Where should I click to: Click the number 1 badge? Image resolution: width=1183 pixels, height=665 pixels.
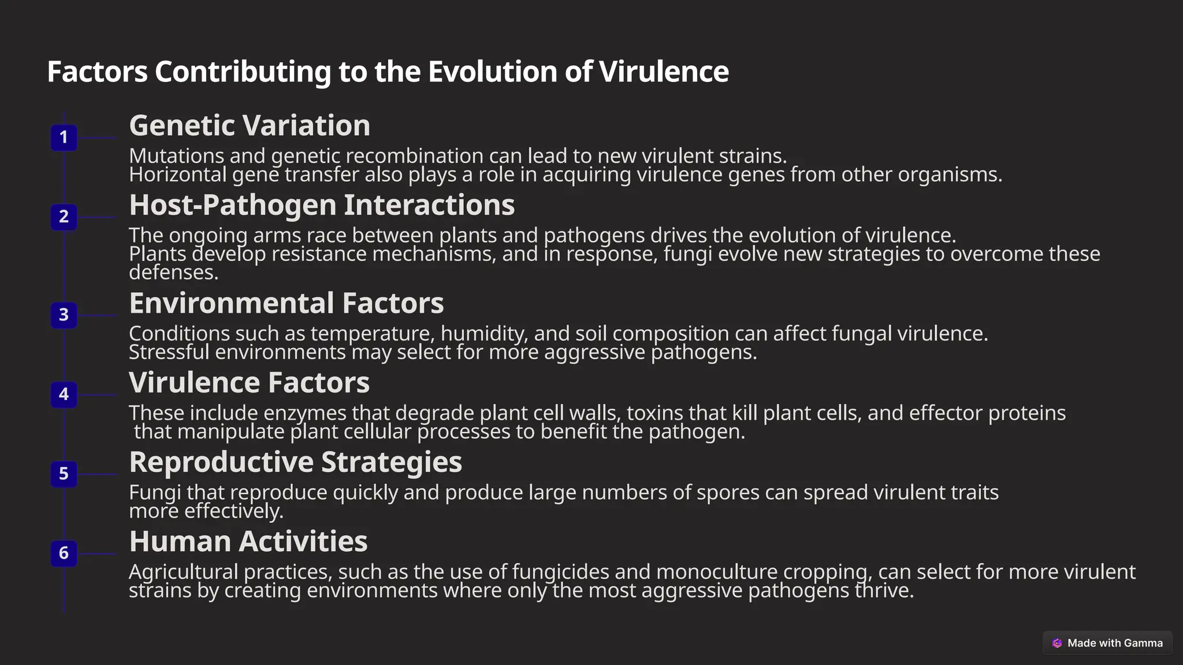(x=64, y=138)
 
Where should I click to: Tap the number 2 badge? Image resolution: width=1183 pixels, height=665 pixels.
(x=64, y=217)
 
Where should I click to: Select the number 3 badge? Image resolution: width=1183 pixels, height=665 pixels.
(x=64, y=315)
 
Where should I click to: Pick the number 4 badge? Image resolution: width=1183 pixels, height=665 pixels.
(x=64, y=395)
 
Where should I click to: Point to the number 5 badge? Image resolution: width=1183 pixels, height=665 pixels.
(x=64, y=474)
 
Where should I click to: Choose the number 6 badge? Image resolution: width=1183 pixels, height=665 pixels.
(x=64, y=554)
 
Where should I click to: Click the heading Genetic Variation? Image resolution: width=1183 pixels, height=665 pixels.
(x=250, y=125)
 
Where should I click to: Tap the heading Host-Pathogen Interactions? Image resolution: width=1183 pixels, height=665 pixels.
(x=322, y=205)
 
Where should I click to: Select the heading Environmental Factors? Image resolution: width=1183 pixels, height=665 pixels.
(x=286, y=303)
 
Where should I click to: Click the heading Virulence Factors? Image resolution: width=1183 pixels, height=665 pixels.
(x=249, y=383)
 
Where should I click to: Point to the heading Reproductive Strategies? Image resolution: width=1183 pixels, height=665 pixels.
(x=295, y=462)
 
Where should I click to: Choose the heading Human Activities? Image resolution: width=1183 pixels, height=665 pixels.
(x=248, y=541)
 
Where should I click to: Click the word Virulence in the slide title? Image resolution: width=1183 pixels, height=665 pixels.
(x=664, y=72)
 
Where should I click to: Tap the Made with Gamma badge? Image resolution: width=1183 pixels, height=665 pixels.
(x=1107, y=643)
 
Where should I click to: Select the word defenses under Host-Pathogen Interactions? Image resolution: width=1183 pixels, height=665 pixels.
(x=173, y=272)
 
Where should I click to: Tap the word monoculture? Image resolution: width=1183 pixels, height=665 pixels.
(x=717, y=572)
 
